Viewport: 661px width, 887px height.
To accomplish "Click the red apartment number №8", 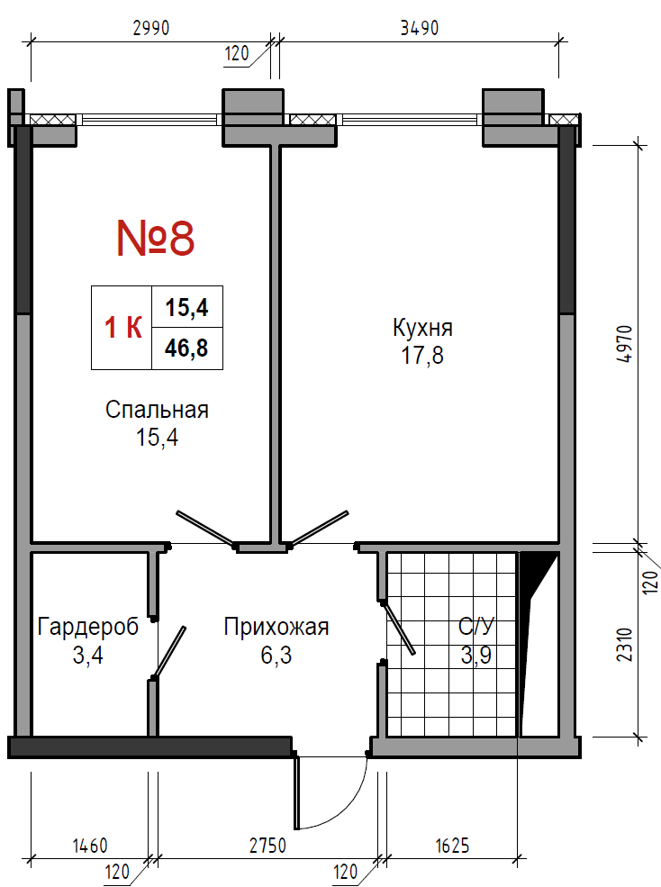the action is (156, 238).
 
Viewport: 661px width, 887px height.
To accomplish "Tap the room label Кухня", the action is (422, 328).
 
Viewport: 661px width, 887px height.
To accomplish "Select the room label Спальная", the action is (157, 410).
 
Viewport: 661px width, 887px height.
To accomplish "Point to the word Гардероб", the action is (88, 628).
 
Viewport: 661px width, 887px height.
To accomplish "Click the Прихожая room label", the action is (276, 627).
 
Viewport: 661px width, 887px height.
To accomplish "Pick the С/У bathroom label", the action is (476, 627).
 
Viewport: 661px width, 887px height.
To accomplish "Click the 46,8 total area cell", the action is (186, 348).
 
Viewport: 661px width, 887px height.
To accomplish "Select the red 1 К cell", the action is (122, 328).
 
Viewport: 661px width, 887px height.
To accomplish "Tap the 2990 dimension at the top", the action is (151, 28).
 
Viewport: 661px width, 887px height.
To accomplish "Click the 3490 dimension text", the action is (420, 28).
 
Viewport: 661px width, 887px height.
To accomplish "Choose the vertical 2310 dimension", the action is (624, 645).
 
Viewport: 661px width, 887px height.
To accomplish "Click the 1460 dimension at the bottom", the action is (90, 846).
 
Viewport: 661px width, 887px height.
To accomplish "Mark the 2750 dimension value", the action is (267, 846).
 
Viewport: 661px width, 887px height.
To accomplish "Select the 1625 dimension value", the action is (452, 846).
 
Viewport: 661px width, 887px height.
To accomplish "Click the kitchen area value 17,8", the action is (422, 356).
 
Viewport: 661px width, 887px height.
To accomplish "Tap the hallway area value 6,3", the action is (276, 655).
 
